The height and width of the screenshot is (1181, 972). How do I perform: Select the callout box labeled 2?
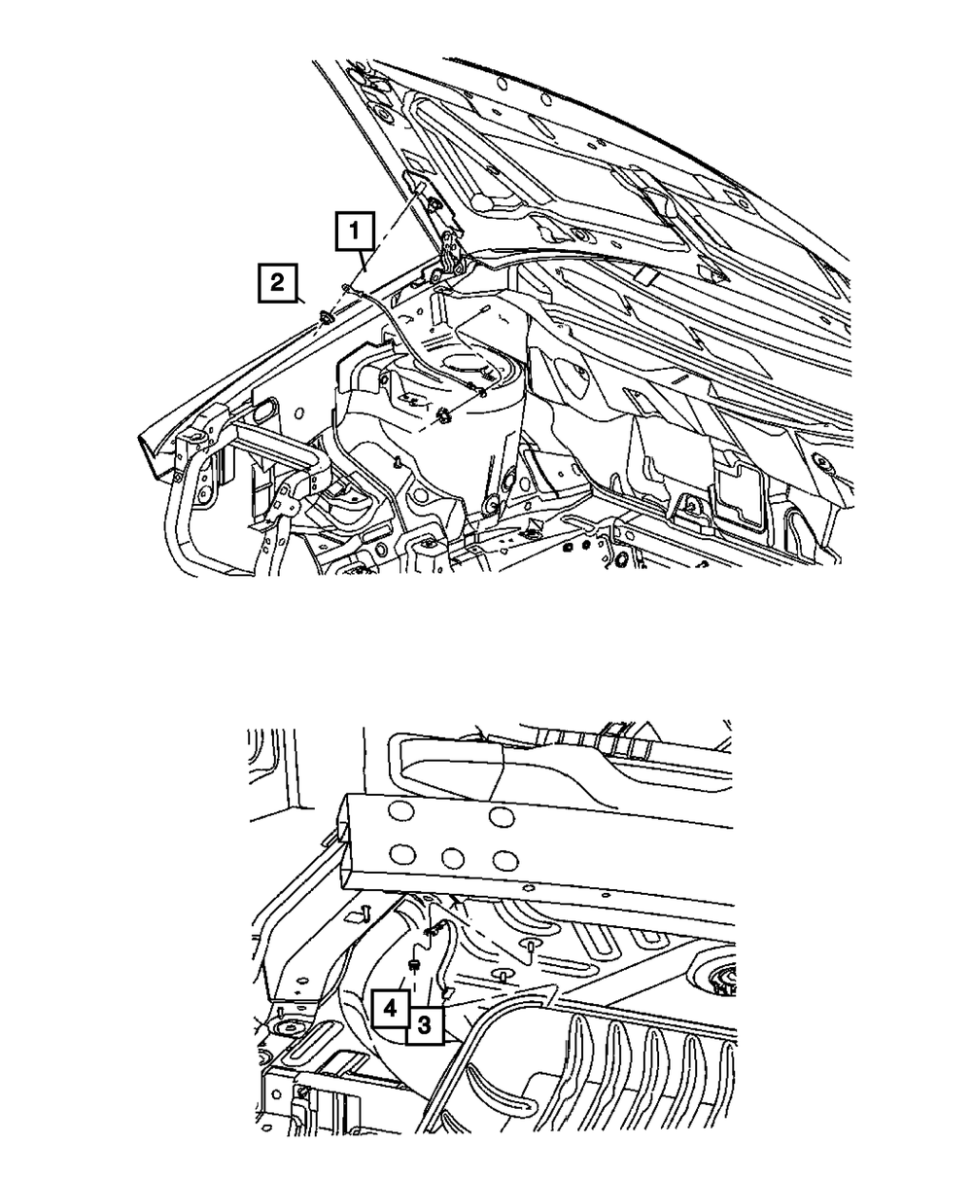(x=277, y=284)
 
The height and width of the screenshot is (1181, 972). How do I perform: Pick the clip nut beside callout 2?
(x=328, y=317)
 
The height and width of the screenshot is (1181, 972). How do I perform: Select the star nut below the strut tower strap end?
(x=444, y=417)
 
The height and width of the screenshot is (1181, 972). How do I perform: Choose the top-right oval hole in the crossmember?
(x=502, y=815)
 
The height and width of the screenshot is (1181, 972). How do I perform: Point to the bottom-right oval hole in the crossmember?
(x=502, y=861)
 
